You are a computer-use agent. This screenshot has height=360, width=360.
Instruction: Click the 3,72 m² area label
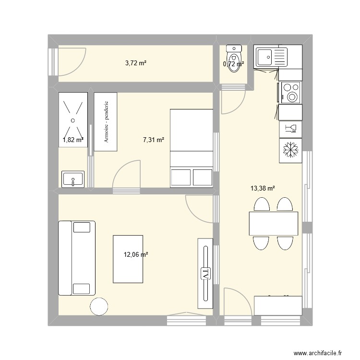point(136,63)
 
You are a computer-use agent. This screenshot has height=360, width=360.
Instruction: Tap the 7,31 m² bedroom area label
point(154,140)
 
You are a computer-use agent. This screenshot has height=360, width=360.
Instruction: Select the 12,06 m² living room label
point(136,255)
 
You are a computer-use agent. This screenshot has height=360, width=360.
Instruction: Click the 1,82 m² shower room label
point(73,140)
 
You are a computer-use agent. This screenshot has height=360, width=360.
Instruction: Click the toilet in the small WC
point(234,58)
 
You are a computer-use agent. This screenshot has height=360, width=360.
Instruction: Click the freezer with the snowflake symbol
point(290,150)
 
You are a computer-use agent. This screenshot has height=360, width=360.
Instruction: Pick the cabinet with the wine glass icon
point(290,128)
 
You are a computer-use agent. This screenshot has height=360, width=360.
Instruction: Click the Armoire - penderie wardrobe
point(106,122)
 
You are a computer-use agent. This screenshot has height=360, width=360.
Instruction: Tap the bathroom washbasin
point(73,179)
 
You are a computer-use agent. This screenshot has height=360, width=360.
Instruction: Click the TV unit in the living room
point(205,273)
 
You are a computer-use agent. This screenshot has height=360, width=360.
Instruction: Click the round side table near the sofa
point(99,306)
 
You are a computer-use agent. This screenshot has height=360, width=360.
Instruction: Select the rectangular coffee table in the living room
point(128,259)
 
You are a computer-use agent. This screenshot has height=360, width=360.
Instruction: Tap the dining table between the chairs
point(273,223)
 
